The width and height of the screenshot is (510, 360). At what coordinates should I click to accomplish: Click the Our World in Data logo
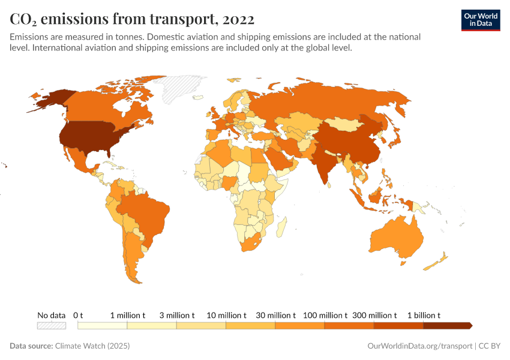click(481, 20)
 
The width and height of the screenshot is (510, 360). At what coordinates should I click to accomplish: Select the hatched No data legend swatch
click(51, 326)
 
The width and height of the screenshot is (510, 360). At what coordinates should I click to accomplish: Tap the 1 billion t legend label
click(424, 315)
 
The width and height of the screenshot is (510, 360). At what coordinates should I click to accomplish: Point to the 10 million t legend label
click(226, 315)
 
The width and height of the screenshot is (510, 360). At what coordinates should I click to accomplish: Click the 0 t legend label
click(78, 315)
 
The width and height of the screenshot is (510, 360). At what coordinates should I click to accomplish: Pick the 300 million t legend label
click(374, 315)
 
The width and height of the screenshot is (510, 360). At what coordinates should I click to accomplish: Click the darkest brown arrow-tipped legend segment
click(447, 326)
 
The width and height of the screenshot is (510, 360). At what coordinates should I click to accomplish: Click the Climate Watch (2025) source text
click(92, 346)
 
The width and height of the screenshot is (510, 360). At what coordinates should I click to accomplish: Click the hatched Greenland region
click(180, 90)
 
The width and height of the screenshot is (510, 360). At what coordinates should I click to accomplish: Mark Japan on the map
click(394, 138)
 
